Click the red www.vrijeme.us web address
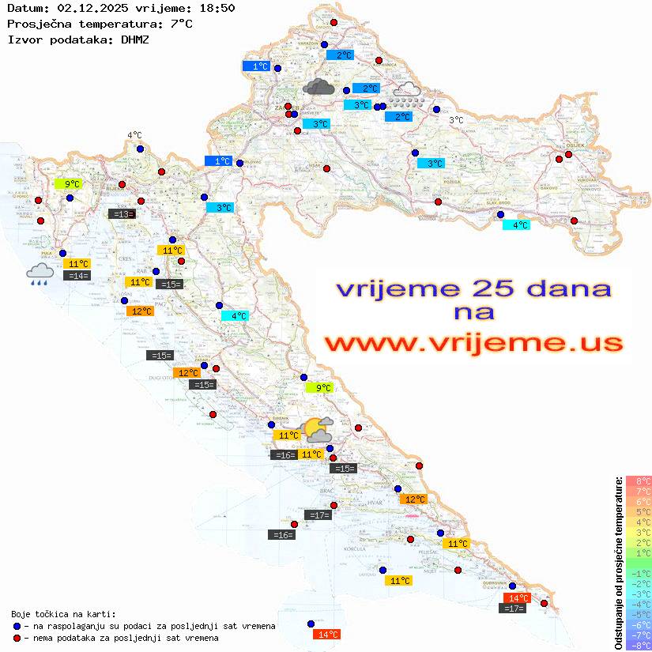(473, 343)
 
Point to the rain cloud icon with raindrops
(40, 274)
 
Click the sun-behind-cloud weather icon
(318, 430)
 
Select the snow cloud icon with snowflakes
(408, 95)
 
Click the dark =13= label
(122, 213)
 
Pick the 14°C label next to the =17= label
(517, 598)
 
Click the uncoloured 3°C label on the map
(456, 120)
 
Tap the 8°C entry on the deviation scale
(639, 481)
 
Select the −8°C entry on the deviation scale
(639, 645)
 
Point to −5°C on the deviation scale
(639, 614)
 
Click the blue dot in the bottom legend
(17, 626)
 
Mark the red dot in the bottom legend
(17, 638)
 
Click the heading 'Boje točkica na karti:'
(63, 614)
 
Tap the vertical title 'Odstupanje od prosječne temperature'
(618, 563)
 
